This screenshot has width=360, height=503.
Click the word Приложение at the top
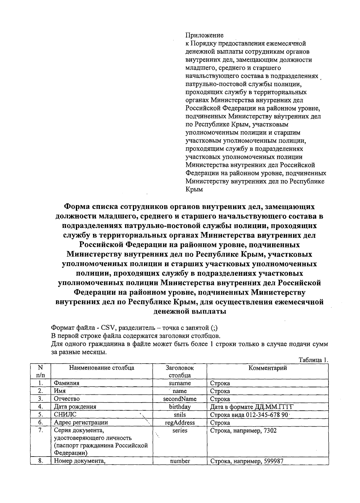(205, 35)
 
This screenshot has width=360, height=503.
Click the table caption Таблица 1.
(313, 360)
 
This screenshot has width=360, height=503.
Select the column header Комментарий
(268, 368)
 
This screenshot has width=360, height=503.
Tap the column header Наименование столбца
(102, 368)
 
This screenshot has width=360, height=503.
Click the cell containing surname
(180, 383)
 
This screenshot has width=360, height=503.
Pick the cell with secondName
(180, 399)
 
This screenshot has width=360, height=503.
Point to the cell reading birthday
(180, 407)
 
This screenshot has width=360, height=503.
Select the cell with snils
(180, 415)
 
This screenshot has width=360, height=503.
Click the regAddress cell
(180, 423)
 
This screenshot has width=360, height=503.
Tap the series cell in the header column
(180, 430)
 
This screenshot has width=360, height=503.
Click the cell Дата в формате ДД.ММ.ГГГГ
(251, 407)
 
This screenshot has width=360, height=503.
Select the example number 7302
(270, 431)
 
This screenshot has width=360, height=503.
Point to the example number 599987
(273, 461)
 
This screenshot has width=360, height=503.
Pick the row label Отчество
(67, 399)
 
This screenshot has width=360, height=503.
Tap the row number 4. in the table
(40, 407)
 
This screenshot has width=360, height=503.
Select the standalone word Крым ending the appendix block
(194, 189)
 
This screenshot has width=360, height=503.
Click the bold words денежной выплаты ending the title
(190, 311)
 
